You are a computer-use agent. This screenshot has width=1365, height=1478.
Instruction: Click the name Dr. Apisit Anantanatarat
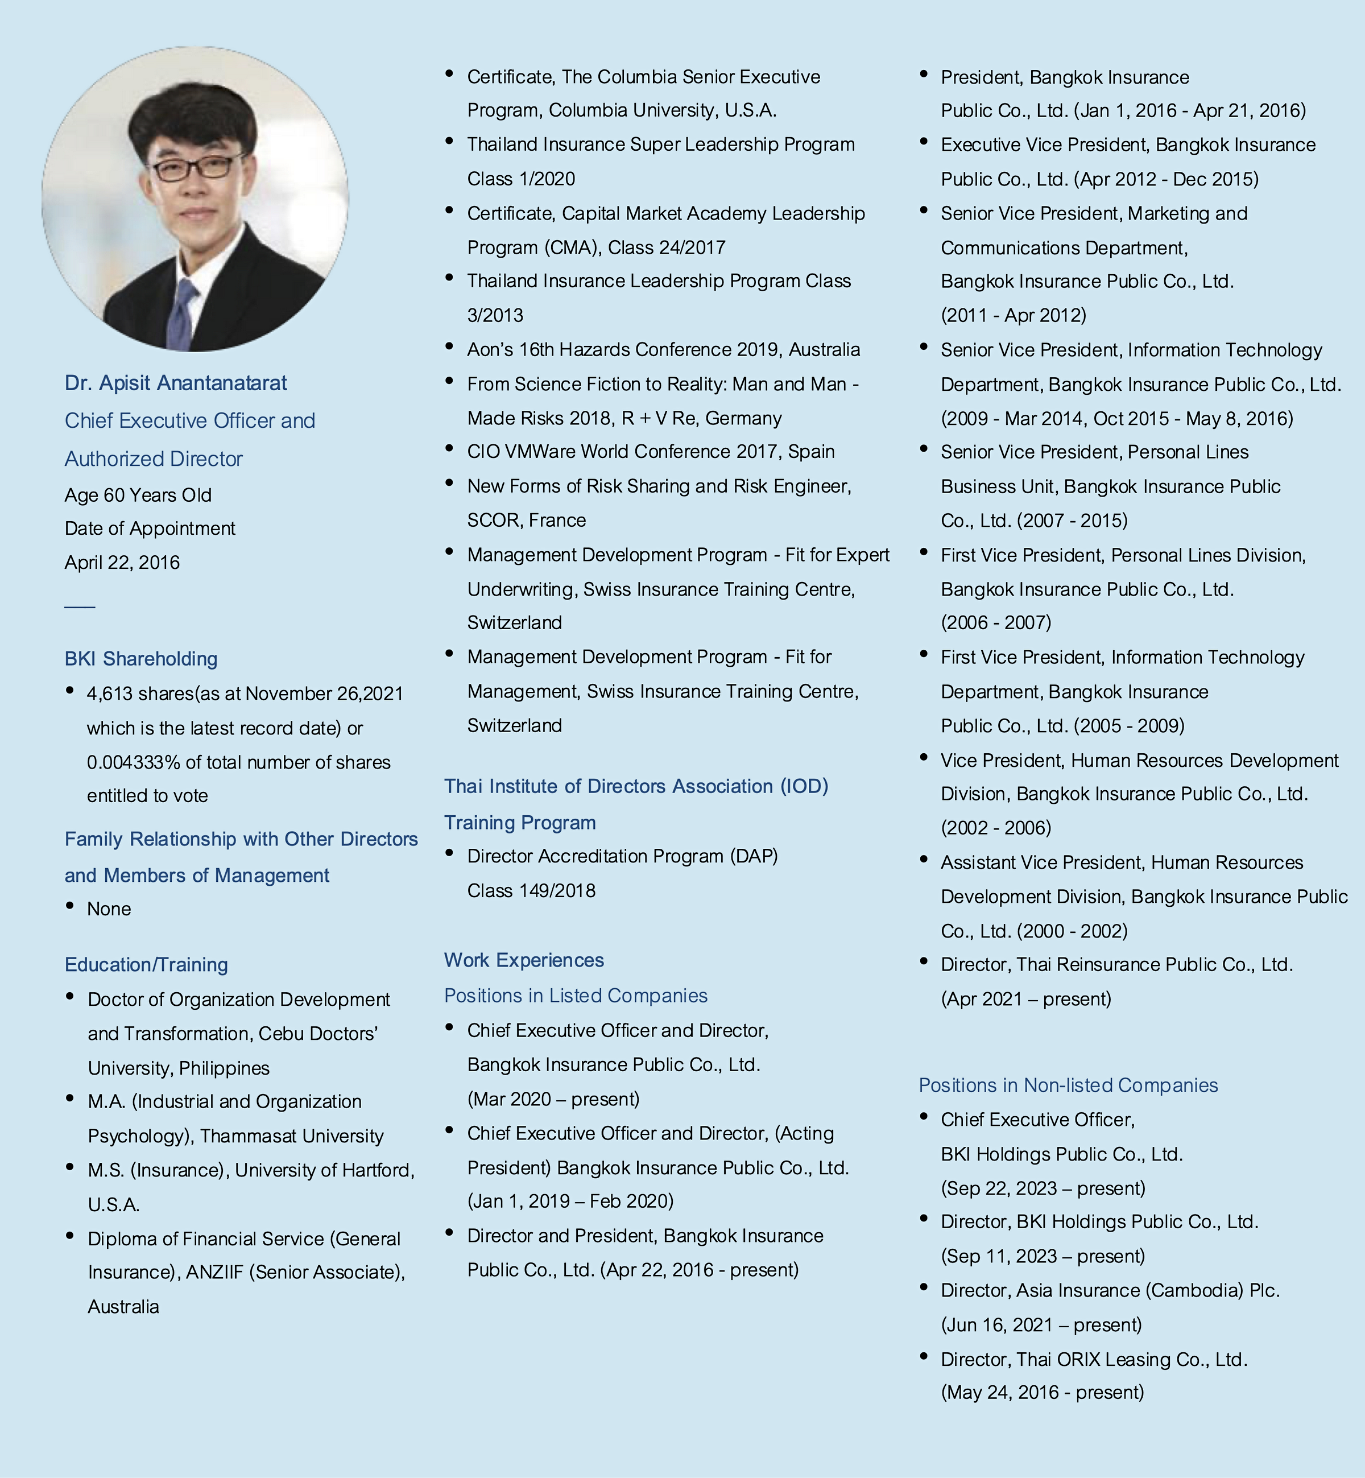coord(176,383)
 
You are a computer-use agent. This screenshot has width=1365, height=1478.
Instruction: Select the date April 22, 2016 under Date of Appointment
coord(122,563)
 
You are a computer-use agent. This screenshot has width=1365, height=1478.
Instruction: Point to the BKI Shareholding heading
coord(141,659)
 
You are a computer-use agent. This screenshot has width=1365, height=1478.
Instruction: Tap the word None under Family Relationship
coord(109,909)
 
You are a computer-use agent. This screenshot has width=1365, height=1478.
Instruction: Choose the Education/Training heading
coord(146,965)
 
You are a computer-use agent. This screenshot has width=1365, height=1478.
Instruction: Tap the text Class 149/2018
coord(531,891)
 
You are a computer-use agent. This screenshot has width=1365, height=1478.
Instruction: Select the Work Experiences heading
coord(524,960)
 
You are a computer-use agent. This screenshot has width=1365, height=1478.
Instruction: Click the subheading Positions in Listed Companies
coord(576,996)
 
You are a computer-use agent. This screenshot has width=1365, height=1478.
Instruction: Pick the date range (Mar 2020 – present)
coord(553,1099)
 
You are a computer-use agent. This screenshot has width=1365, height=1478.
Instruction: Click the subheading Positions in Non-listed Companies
coord(1068,1085)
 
